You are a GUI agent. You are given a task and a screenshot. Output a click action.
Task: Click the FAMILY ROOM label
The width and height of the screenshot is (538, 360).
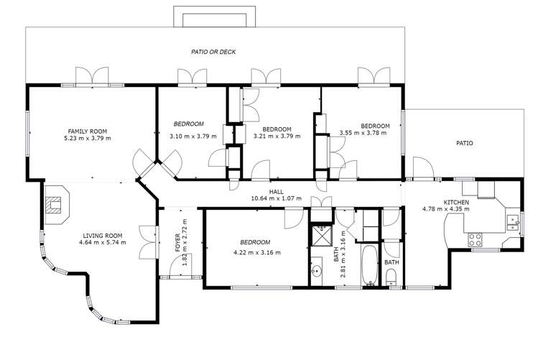88,131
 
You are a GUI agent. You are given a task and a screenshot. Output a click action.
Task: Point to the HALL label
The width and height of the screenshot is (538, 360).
276,192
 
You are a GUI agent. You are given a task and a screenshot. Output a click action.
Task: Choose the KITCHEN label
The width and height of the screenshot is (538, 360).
456,203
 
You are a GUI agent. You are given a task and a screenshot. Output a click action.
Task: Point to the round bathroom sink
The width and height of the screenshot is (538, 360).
317,272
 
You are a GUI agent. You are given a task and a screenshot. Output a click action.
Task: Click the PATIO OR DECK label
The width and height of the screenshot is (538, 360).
213,52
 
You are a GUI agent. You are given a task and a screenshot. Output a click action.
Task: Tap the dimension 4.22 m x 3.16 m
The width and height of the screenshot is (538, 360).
256,253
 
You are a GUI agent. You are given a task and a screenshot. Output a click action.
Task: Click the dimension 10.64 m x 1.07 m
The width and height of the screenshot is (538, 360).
276,199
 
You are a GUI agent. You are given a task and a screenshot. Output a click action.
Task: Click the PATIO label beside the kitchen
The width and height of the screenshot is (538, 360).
465,143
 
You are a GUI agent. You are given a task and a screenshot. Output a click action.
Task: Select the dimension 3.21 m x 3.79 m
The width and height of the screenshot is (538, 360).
277,136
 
